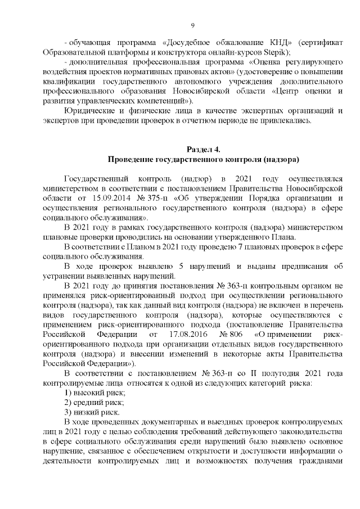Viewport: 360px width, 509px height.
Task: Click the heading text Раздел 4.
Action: pyautogui.click(x=202, y=149)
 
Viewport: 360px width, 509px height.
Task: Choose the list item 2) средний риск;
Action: pyautogui.click(x=94, y=402)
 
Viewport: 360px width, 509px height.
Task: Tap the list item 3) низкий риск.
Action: pyautogui.click(x=92, y=412)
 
